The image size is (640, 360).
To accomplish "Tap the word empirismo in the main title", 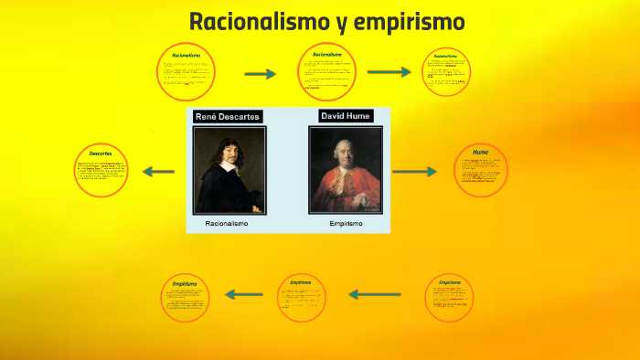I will point(409,21).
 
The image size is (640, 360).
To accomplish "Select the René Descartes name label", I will point(228,116).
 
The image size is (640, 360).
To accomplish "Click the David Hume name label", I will point(345,116).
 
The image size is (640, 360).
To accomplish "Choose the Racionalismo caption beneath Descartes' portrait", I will point(227,223).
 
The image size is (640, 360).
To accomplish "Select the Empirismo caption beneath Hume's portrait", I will point(346,223).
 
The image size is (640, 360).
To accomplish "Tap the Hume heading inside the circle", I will point(480,151).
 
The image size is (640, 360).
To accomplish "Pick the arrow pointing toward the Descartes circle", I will point(159,171).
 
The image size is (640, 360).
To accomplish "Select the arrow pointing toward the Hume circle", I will point(416,171).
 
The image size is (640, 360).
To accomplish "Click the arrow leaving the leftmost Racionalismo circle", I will point(260,74).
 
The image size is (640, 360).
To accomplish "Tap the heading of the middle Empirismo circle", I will point(301,283).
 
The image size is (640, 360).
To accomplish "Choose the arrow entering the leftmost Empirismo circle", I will point(243,294).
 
